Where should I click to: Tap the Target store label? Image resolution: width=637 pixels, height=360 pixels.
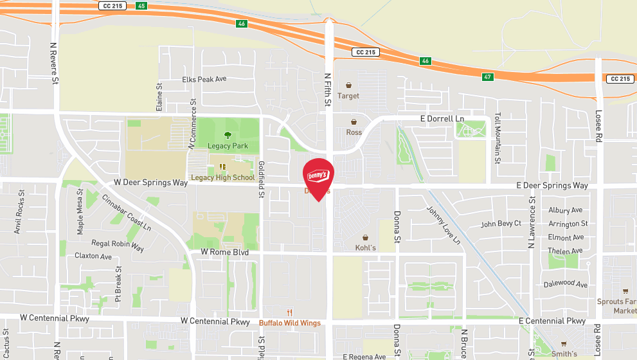(349, 96)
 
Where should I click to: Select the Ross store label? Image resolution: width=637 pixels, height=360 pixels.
(354, 132)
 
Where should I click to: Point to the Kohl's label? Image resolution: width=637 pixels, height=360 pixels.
(365, 248)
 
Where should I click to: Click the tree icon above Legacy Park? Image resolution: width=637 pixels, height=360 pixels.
(228, 135)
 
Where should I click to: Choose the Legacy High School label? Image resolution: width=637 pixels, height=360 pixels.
(222, 177)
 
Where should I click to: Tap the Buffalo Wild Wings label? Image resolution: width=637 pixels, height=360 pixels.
(289, 323)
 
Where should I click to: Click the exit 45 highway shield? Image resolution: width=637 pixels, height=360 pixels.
(142, 5)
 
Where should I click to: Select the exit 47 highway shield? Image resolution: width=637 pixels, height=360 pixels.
(489, 76)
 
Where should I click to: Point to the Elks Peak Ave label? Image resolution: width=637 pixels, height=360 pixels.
(204, 79)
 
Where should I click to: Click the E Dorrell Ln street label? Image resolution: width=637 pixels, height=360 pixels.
(442, 119)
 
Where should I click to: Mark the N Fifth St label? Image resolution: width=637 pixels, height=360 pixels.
(327, 89)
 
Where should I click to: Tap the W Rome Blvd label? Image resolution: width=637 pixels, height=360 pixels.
(224, 253)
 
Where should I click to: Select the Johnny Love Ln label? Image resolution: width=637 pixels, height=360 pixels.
(444, 224)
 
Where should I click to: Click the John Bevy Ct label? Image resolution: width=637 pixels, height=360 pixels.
(501, 224)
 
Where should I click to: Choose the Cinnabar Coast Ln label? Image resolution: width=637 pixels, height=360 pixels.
(127, 213)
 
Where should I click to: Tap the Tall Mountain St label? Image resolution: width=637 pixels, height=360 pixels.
(498, 138)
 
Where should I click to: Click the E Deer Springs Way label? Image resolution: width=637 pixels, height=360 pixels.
(552, 185)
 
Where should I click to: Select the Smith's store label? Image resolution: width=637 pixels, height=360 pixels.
(564, 354)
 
